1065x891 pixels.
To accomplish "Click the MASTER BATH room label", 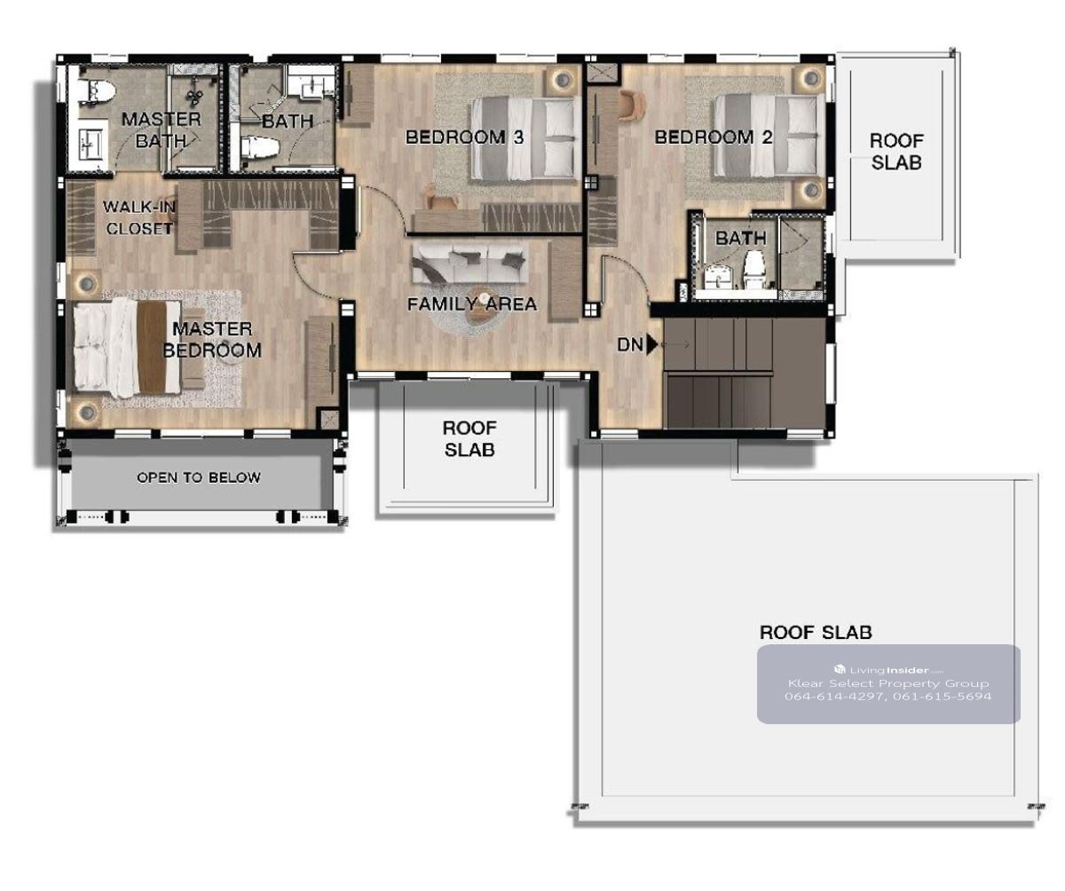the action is (x=162, y=130).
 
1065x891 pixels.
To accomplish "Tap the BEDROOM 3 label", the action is (x=465, y=137).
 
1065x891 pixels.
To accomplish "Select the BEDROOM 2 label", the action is (x=714, y=137).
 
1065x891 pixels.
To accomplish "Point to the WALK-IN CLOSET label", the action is (x=139, y=217).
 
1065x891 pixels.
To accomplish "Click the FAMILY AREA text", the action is (x=472, y=304).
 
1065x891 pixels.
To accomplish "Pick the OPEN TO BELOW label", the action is (x=199, y=477).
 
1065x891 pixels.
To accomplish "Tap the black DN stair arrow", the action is (x=651, y=344).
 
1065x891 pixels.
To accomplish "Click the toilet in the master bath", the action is (x=97, y=91).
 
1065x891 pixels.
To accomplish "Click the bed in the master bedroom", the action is (x=127, y=348).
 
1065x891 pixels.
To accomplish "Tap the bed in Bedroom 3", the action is (x=526, y=138).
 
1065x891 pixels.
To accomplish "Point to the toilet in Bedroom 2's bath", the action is (x=753, y=271).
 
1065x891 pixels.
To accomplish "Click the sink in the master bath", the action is (x=91, y=145).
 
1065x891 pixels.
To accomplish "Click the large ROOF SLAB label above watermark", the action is (x=816, y=633).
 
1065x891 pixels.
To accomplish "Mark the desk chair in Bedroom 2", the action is (x=633, y=106).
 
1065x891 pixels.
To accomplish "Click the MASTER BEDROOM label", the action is (x=212, y=340).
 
